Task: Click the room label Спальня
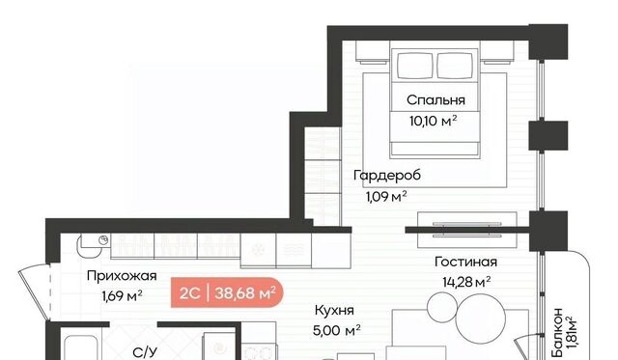(435, 100)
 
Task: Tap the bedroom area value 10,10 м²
(434, 120)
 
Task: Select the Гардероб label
(387, 175)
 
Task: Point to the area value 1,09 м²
(386, 196)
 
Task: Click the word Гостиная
(465, 262)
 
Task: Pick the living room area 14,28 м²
(466, 282)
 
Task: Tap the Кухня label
(334, 311)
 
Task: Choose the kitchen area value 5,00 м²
(337, 330)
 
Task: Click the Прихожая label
(122, 276)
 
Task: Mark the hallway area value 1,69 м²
(122, 295)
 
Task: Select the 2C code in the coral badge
(190, 293)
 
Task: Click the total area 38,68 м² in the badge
(244, 293)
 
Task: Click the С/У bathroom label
(145, 352)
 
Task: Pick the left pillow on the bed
(414, 66)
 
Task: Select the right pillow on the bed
(455, 66)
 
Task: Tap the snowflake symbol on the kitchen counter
(258, 249)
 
